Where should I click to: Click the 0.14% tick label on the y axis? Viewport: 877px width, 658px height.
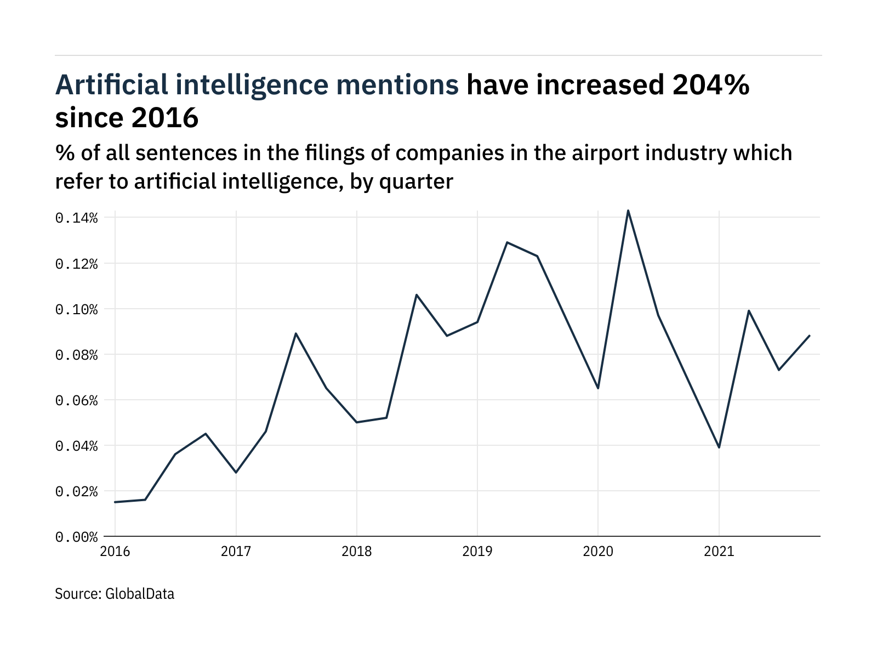click(x=76, y=218)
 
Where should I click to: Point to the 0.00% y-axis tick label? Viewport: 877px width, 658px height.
click(x=76, y=537)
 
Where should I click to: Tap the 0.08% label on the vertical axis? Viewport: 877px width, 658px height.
click(x=76, y=355)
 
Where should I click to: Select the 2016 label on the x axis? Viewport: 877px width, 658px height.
click(x=115, y=551)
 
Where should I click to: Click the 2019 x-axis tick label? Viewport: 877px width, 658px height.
click(x=477, y=551)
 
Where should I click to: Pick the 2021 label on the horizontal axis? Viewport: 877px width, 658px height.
click(x=719, y=551)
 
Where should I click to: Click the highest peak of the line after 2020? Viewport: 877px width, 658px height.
click(x=628, y=210)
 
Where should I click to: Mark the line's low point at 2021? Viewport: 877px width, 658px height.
click(x=719, y=447)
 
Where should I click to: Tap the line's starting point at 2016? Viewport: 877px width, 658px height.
click(x=115, y=502)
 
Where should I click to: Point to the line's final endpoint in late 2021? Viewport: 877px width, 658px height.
click(x=810, y=336)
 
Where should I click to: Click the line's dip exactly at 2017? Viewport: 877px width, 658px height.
click(x=236, y=472)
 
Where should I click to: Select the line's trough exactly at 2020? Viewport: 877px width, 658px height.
click(x=598, y=388)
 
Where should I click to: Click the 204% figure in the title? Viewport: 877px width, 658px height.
click(x=711, y=85)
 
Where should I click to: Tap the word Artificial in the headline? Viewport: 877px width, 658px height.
click(x=111, y=85)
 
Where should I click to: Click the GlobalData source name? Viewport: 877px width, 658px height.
click(x=139, y=594)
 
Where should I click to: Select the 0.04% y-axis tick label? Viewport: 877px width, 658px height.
click(x=76, y=446)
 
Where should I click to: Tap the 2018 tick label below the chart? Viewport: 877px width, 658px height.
click(x=356, y=551)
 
